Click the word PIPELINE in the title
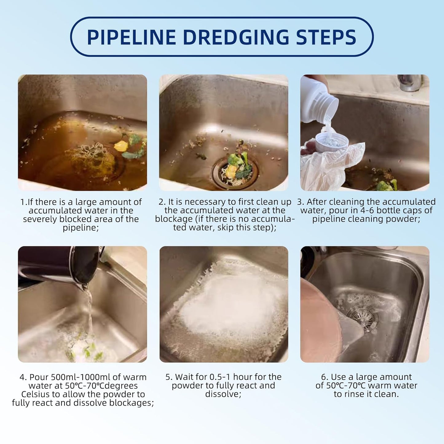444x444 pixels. (x=131, y=37)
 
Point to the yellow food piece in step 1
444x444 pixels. (x=120, y=146)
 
